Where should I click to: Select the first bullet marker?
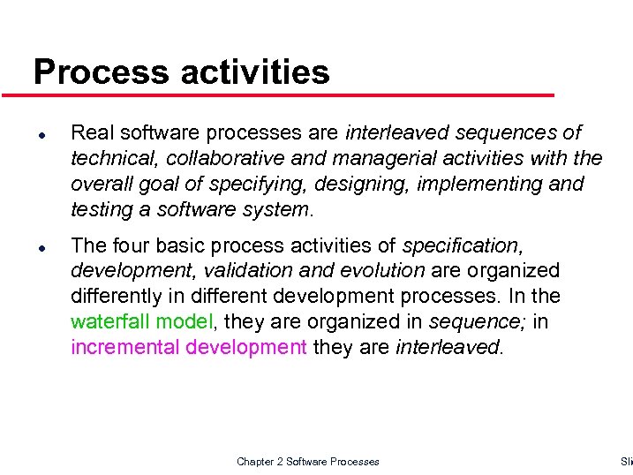pos(41,134)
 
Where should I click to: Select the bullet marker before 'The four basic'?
pos(41,247)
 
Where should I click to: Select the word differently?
pos(112,296)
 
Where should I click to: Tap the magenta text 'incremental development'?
pos(189,347)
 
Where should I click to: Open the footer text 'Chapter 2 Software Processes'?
pos(308,462)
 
